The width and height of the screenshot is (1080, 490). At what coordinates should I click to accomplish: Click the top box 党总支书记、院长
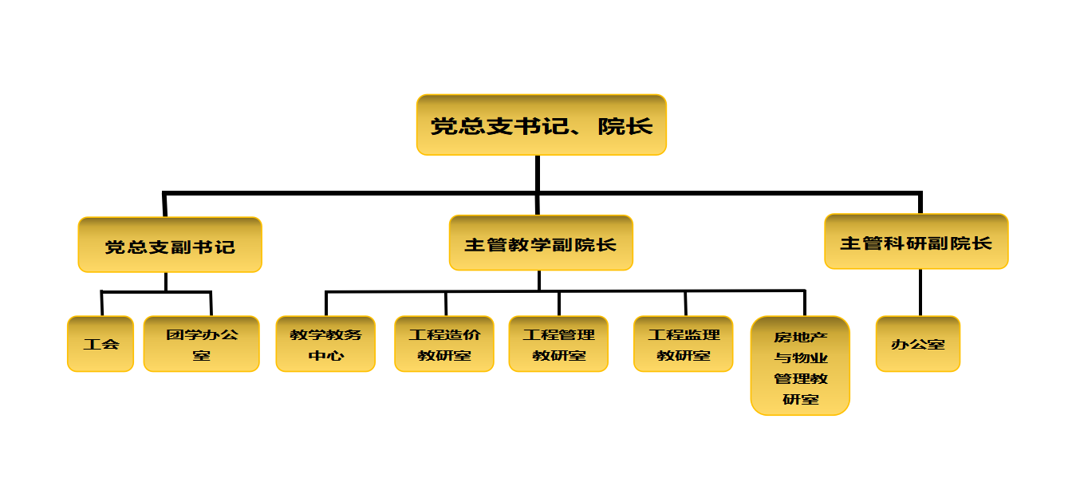click(x=541, y=124)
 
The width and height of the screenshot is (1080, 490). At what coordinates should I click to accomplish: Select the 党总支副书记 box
click(x=170, y=245)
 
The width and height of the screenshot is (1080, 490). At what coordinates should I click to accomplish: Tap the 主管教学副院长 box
click(x=541, y=243)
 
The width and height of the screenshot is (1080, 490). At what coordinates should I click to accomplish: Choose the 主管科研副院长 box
click(x=916, y=241)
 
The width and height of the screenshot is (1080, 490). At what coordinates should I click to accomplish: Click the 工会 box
click(x=101, y=344)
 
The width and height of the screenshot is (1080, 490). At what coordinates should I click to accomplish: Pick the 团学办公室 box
click(x=201, y=344)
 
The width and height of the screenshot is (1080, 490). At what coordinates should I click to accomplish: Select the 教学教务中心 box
click(x=325, y=344)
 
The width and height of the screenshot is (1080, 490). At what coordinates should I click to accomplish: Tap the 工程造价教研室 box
click(x=444, y=344)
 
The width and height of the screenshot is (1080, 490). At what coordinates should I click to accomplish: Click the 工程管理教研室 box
click(x=558, y=344)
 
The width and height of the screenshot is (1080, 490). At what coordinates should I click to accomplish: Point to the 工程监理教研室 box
click(x=684, y=344)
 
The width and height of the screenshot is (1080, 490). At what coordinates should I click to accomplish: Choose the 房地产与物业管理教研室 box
click(x=800, y=366)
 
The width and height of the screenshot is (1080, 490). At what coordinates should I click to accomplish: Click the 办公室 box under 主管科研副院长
click(x=918, y=344)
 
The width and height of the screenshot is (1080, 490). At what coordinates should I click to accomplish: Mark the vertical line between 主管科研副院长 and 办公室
click(x=920, y=292)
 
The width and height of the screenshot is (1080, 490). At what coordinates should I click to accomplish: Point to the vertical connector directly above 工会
click(x=102, y=304)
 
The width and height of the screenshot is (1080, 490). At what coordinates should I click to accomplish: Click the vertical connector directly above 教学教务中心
click(x=326, y=304)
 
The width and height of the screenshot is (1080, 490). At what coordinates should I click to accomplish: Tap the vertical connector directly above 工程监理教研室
click(x=685, y=304)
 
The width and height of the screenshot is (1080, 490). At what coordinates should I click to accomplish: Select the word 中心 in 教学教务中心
click(x=325, y=355)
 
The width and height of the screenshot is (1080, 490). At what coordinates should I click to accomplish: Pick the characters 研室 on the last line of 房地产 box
click(x=801, y=399)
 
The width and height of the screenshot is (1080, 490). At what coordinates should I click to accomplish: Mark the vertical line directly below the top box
click(x=538, y=174)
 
